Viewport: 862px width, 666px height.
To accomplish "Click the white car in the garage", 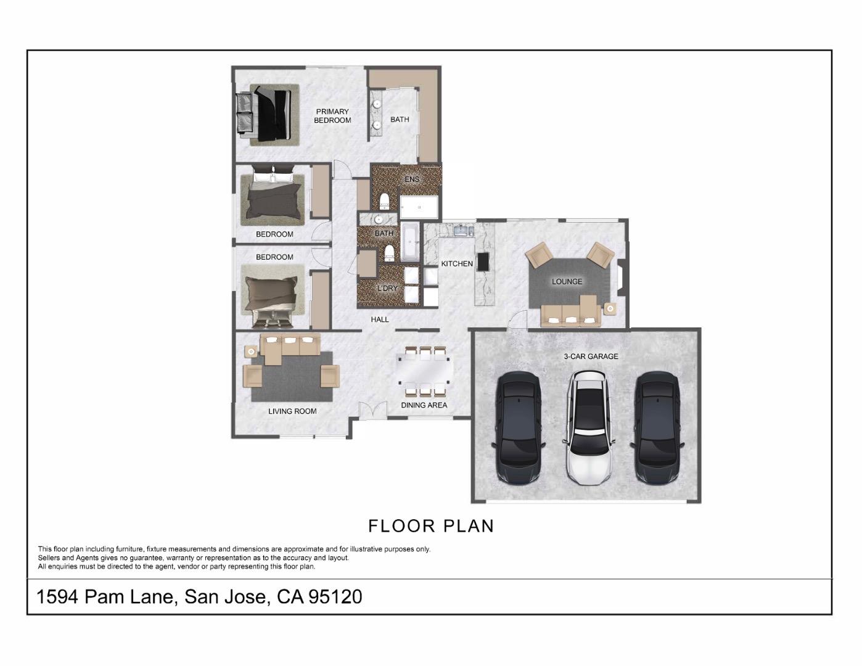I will (x=590, y=427).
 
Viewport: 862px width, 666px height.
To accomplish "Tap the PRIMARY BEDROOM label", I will (x=332, y=116).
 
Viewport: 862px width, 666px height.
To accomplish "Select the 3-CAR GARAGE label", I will (x=591, y=356).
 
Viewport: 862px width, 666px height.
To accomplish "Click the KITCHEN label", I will (x=457, y=264).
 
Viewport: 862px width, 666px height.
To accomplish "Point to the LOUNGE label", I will (x=567, y=282).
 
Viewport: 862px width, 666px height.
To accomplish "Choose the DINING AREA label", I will (x=424, y=405).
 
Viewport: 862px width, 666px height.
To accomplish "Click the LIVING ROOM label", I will (x=292, y=411).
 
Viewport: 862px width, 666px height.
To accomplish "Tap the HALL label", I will (x=380, y=319).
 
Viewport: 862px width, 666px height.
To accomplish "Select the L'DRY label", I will (x=387, y=289).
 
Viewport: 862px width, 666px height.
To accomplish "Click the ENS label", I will (x=412, y=179).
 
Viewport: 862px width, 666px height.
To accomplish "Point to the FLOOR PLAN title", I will (x=431, y=526).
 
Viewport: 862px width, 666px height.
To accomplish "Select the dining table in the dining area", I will (x=424, y=372).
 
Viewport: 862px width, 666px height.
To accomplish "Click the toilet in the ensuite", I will (x=384, y=200).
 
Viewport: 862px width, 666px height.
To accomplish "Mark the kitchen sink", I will (x=462, y=231).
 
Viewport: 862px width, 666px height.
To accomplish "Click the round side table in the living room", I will (x=251, y=351).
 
